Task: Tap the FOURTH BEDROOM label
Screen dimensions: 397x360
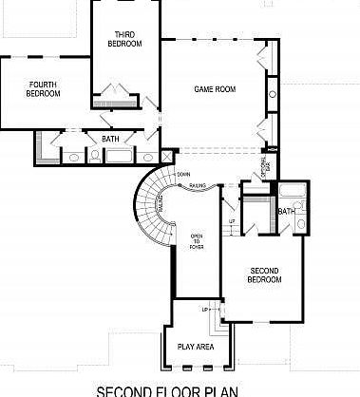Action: point(43,88)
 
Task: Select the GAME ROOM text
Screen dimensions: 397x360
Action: point(215,89)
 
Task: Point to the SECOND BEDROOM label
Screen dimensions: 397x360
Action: point(263,274)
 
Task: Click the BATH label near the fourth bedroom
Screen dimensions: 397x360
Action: point(110,139)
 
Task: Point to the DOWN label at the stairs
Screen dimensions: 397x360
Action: point(183,175)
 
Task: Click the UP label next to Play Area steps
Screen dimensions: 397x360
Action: point(203,311)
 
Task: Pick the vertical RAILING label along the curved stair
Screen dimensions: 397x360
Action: point(161,204)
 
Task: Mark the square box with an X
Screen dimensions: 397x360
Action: point(168,156)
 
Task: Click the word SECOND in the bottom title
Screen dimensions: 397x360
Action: point(128,389)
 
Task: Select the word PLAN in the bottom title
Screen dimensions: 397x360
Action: point(218,389)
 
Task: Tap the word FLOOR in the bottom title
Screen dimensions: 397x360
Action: point(177,389)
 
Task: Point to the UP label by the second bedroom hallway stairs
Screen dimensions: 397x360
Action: point(232,221)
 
